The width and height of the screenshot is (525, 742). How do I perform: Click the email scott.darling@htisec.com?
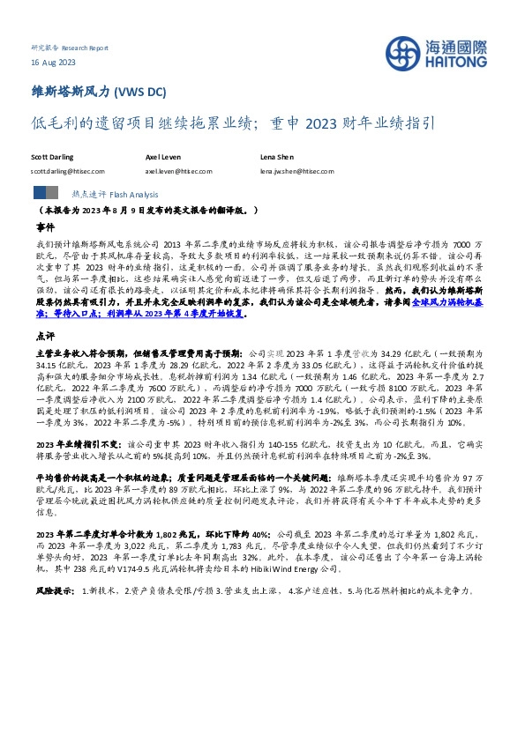pos(67,171)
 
